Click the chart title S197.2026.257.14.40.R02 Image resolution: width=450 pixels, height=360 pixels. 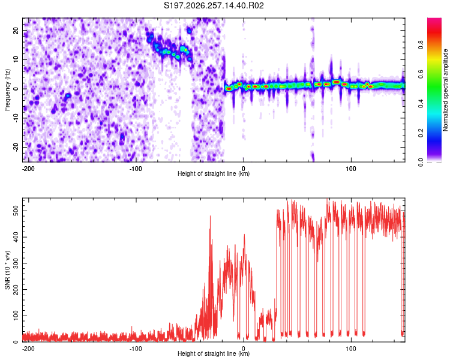tap(214, 5)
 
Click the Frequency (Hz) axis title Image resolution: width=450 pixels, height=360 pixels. tap(7, 90)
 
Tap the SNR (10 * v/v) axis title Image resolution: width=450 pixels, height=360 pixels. tap(7, 270)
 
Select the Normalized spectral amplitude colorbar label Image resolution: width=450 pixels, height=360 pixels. tap(445, 90)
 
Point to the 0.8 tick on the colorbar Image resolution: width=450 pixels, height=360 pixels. tap(421, 45)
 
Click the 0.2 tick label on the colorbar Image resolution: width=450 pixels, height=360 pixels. tap(421, 133)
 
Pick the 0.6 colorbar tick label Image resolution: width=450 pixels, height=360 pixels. tap(421, 74)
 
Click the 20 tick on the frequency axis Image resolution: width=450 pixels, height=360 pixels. tap(16, 30)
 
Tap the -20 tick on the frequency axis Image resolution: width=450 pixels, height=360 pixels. tap(16, 148)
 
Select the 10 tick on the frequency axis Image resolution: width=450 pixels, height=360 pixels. tap(16, 59)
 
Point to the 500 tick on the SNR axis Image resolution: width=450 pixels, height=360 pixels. tap(16, 211)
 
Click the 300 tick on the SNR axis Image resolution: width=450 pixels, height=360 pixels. tap(16, 263)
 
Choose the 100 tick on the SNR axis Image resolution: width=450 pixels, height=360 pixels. tap(16, 316)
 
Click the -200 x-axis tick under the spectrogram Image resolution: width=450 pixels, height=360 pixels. tap(28, 169)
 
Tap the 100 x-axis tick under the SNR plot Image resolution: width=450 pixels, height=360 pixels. tap(351, 349)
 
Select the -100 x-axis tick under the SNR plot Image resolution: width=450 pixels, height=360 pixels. tap(136, 349)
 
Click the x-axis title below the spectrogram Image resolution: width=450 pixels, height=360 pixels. tap(214, 173)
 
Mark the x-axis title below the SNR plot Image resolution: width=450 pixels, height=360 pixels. tap(214, 353)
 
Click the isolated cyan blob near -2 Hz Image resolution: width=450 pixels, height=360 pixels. tap(68, 95)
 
